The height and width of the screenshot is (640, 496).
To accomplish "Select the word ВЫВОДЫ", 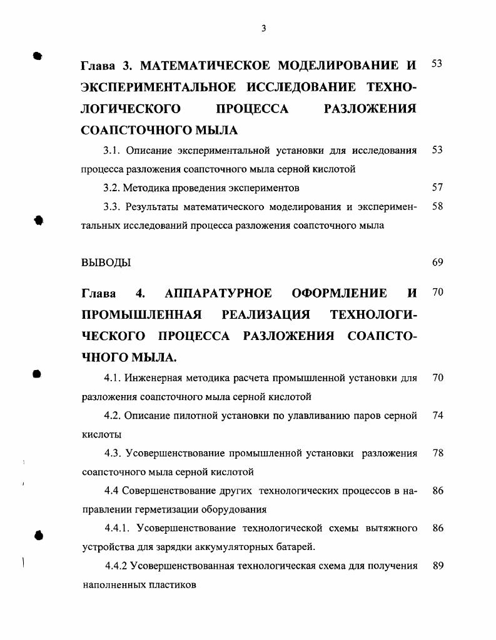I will tap(106, 262).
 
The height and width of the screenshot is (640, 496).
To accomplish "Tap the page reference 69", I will tap(437, 262).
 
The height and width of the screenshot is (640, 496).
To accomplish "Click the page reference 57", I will tap(437, 187).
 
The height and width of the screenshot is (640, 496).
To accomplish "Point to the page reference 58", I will tap(437, 206).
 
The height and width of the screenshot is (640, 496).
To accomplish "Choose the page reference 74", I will tap(437, 416).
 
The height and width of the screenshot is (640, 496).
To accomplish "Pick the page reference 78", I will tap(437, 453).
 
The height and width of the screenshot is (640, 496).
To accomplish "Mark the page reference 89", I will tap(437, 566).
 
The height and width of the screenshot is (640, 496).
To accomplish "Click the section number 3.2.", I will tap(111, 187).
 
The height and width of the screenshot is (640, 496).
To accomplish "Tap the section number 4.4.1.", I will tap(118, 529).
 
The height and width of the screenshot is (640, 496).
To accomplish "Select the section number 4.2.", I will tap(113, 416).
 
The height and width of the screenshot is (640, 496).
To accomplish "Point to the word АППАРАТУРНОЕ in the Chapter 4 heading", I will tap(218, 293).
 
